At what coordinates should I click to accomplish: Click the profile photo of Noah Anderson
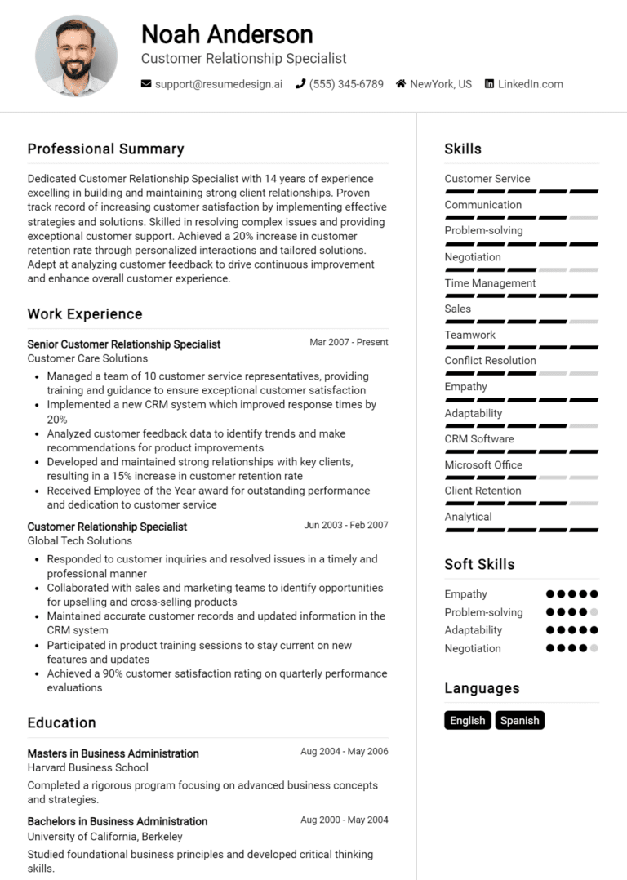coord(76,56)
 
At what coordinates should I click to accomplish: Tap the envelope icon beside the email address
coord(146,84)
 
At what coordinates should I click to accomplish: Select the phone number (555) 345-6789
coord(346,84)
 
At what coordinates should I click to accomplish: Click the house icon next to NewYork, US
coord(401,84)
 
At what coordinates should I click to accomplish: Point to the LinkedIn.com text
coord(531,84)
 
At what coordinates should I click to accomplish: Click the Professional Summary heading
coord(105,149)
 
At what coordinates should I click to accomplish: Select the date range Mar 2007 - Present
coord(349,343)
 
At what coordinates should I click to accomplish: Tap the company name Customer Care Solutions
coord(87,358)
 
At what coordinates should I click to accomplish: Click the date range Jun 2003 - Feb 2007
coord(346,526)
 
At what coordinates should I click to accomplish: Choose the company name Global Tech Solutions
coord(79,540)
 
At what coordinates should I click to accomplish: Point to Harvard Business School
coord(87,767)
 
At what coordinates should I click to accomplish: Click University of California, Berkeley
coord(104,837)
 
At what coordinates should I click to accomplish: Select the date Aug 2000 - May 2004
coord(345,820)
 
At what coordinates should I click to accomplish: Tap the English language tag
coord(468,721)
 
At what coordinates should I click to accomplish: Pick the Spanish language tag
coord(519,721)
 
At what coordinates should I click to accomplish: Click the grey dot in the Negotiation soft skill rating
coord(594,648)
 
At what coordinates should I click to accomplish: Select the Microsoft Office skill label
coord(483,465)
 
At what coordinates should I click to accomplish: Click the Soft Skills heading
coord(479,564)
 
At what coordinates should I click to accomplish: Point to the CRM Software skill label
coord(479,439)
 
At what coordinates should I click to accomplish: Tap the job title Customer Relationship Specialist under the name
coord(243,59)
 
